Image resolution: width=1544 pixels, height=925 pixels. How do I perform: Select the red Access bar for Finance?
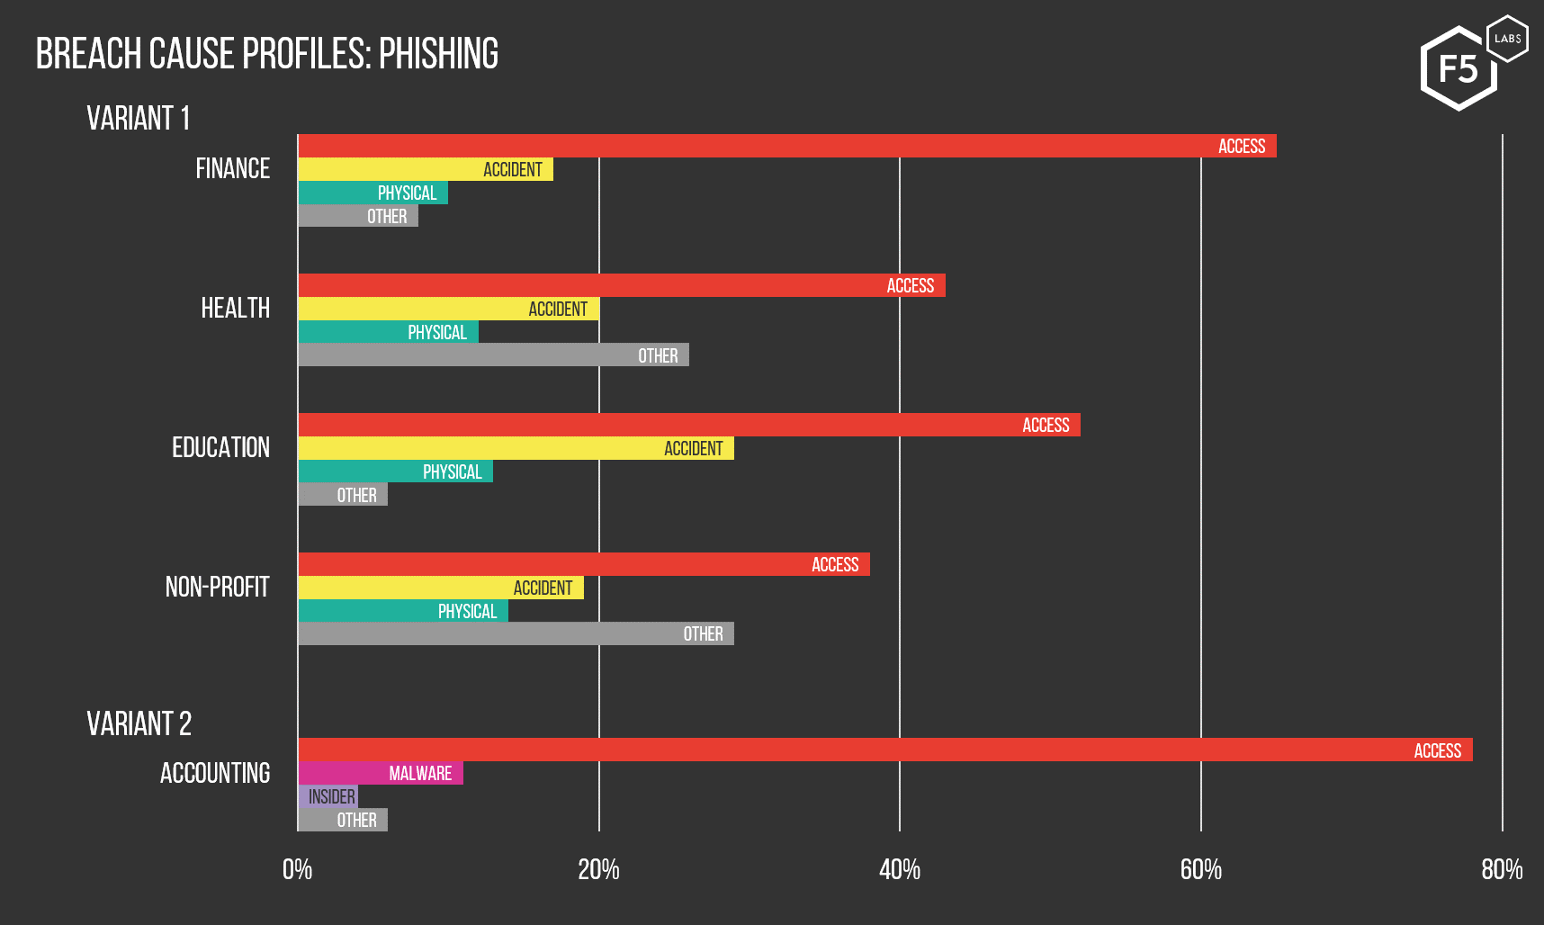coord(786,146)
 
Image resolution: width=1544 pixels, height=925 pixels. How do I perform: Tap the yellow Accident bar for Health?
coord(448,309)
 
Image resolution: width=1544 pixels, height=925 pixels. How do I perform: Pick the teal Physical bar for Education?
coord(395,471)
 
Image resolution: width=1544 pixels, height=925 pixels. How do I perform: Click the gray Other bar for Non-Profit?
coord(516,634)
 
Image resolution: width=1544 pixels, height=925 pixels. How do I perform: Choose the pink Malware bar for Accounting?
coord(380,773)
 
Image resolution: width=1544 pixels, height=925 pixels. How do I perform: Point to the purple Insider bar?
coord(328,796)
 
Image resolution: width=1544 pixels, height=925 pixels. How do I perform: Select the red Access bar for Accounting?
coord(884,750)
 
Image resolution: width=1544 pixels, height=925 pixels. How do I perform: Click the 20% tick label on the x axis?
coord(598,869)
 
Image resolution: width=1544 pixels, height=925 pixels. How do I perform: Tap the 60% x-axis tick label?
coord(1200,869)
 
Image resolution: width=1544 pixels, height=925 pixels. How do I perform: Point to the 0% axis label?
coord(297,869)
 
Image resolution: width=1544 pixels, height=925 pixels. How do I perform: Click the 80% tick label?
coord(1502,869)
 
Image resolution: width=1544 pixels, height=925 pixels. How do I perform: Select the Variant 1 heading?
coord(138,119)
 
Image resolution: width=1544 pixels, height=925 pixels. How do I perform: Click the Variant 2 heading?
coord(139,724)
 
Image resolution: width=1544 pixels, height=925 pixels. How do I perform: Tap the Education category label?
coord(220,448)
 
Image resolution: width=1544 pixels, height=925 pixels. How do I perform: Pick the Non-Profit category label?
coord(217,588)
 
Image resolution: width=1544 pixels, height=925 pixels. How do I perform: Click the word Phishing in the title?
coord(438,54)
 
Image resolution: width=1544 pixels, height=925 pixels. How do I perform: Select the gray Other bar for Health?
coord(493,355)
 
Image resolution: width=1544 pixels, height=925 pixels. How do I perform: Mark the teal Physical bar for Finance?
coord(373,193)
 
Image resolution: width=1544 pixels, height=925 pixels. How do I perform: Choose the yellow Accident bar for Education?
coord(516,448)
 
